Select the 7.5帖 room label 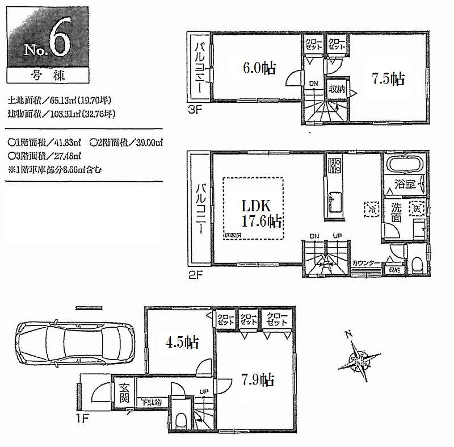(388, 78)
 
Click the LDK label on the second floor (253, 206)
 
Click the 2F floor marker (195, 270)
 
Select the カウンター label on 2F (365, 263)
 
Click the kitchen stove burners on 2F (333, 166)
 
